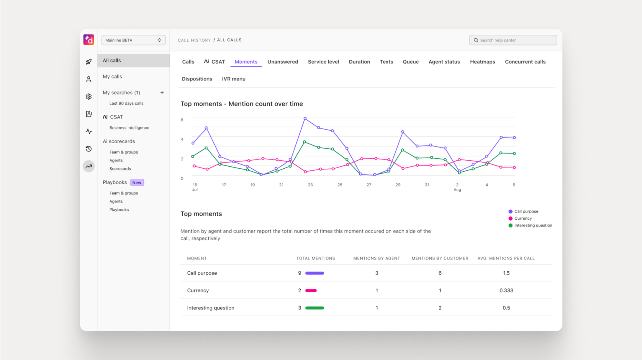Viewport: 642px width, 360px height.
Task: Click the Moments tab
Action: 246,62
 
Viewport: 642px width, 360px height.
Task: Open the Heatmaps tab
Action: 482,62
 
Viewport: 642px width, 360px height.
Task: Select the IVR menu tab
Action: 233,79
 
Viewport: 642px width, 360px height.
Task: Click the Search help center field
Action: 513,40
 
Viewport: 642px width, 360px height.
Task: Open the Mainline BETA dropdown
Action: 133,40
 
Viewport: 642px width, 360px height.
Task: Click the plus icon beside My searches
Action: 162,93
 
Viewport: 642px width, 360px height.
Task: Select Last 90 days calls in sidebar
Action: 126,103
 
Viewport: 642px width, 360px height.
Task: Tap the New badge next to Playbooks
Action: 137,183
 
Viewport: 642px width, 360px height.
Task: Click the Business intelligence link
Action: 129,128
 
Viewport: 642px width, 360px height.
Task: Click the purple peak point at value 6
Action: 305,119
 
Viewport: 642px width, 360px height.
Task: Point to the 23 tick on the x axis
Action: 310,185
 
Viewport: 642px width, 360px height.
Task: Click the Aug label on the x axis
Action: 457,190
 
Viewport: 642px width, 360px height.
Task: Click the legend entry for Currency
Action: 523,218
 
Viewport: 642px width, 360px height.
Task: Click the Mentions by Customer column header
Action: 440,258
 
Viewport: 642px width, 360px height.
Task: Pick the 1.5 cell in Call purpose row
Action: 506,273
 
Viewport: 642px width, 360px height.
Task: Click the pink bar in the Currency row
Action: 311,290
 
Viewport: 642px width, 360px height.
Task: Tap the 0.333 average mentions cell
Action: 506,290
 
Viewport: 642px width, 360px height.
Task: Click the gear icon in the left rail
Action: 89,97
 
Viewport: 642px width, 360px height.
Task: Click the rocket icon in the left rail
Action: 89,62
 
